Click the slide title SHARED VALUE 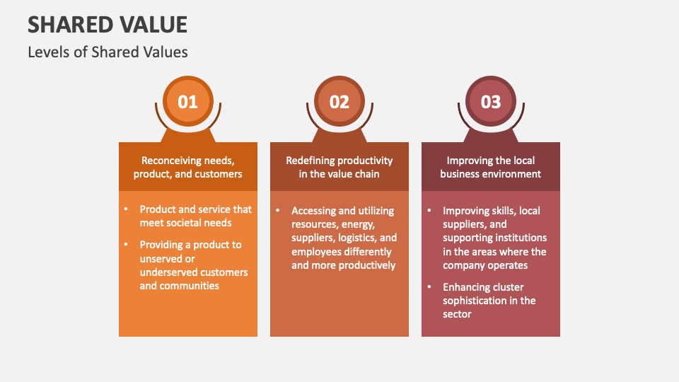coord(108,25)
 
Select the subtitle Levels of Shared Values coord(108,52)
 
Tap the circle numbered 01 coord(188,101)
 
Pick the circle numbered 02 coord(339,101)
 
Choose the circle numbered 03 coord(491,101)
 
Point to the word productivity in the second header coord(366,161)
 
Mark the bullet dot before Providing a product coord(126,245)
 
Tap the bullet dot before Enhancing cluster coord(429,287)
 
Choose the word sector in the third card coord(457,314)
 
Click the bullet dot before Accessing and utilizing coord(277,211)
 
